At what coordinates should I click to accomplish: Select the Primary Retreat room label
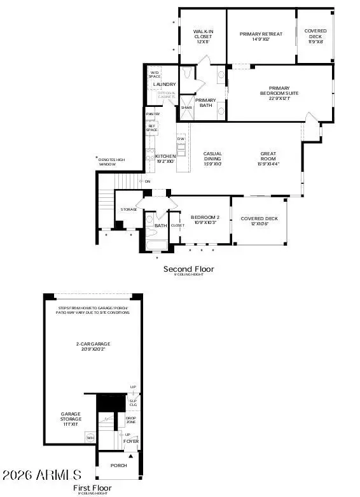[x=261, y=34]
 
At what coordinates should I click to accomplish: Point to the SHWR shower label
[x=186, y=108]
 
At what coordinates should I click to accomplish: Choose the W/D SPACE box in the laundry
[x=155, y=74]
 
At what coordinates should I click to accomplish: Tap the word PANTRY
[x=153, y=114]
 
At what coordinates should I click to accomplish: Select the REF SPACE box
[x=152, y=128]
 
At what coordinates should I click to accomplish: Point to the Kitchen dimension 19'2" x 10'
[x=167, y=162]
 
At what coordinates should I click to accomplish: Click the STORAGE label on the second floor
[x=129, y=209]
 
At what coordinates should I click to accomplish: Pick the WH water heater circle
[x=90, y=437]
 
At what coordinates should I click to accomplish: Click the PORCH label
[x=118, y=465]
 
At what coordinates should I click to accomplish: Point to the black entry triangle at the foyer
[x=132, y=456]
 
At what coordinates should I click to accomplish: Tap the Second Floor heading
[x=189, y=269]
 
